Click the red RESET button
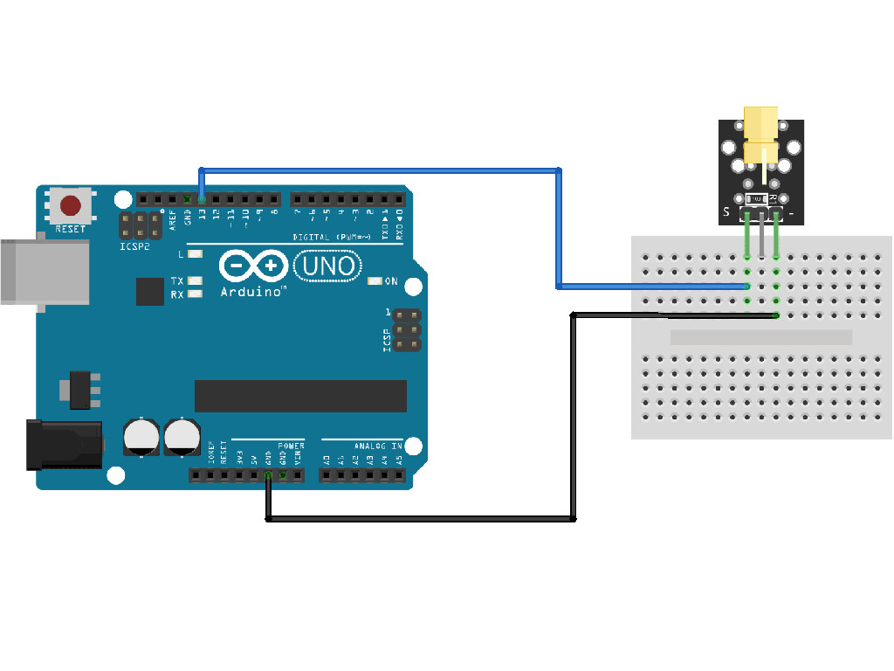71,207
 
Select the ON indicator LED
375,281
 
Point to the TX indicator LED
195,281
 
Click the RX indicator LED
195,294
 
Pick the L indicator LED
195,254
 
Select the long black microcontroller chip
300,396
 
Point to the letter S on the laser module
726,212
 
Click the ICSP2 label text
135,247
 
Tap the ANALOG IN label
378,446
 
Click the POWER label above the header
292,446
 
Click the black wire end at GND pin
268,475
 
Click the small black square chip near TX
149,292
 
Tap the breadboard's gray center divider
760,337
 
